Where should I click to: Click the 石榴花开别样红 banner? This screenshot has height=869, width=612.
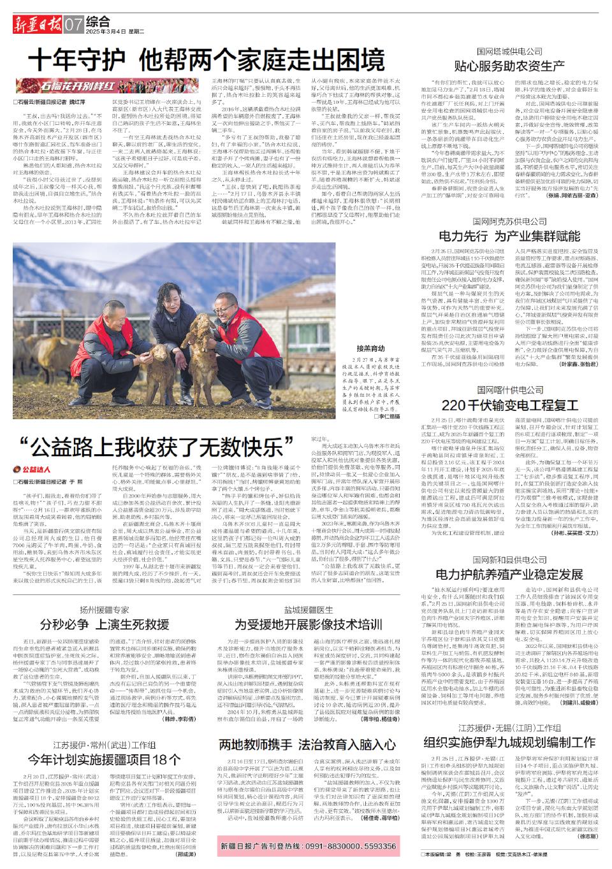tap(80, 85)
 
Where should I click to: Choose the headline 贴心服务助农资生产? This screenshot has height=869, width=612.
tap(509, 65)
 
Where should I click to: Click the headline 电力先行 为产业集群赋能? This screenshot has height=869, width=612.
tap(509, 236)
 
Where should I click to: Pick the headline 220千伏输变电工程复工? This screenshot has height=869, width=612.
tap(509, 405)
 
